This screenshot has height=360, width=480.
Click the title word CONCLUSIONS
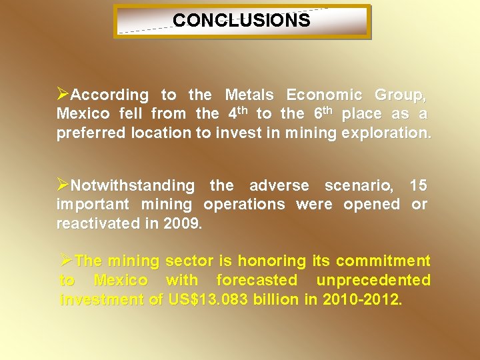pos(241,21)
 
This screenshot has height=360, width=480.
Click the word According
pos(109,95)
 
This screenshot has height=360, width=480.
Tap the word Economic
pos(325,95)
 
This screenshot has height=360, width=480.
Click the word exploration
pos(386,133)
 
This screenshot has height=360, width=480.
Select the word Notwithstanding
pos(133,185)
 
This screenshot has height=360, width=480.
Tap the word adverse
pos(280,185)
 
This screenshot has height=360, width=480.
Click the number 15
pos(419,185)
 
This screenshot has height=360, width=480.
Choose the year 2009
pos(181,223)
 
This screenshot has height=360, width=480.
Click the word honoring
pos(270,261)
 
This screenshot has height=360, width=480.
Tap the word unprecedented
pos(373,281)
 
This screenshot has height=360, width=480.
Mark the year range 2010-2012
pos(362,300)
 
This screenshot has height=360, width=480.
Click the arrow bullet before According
pos(63,94)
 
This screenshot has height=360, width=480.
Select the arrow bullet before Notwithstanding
pos(63,184)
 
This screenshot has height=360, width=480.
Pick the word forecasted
pos(257,281)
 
